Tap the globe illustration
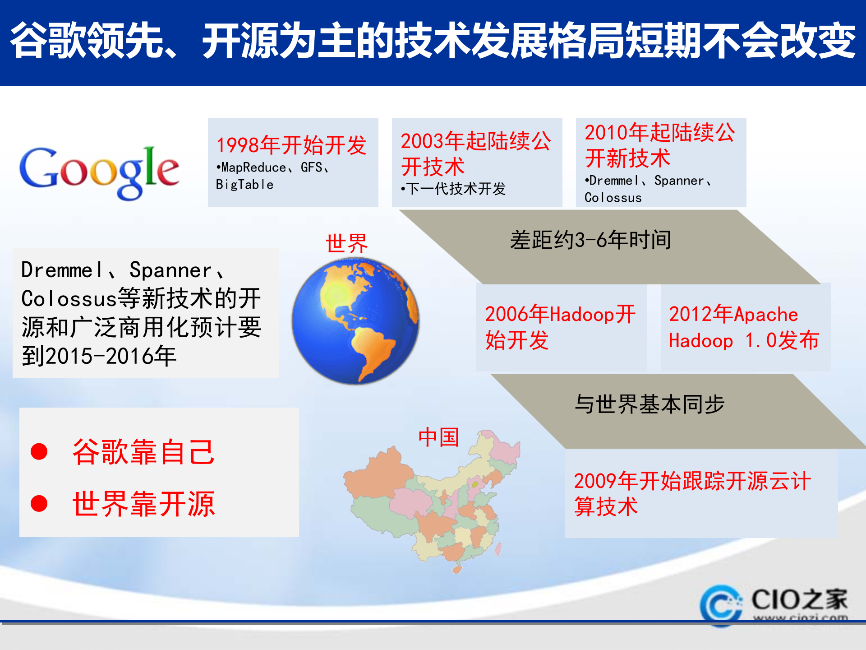(x=355, y=321)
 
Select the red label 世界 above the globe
(x=346, y=244)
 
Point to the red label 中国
(x=438, y=437)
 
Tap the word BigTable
(x=244, y=185)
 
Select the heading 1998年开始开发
(x=291, y=145)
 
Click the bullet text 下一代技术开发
(x=456, y=189)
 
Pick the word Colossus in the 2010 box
(x=613, y=198)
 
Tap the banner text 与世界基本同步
(x=649, y=404)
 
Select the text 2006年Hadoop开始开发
(x=560, y=327)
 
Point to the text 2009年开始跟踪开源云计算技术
(x=692, y=493)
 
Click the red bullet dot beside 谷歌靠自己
(x=39, y=451)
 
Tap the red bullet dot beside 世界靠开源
(x=39, y=504)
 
